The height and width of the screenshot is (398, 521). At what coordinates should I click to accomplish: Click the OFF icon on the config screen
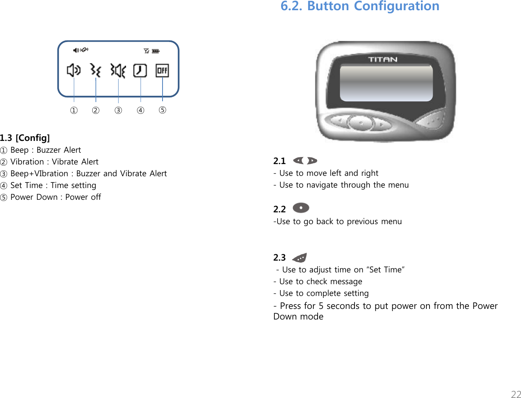(162, 71)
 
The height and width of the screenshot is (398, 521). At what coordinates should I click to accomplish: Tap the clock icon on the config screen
(140, 71)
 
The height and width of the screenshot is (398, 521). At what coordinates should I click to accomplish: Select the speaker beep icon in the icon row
(73, 71)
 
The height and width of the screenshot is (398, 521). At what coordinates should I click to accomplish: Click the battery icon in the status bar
(155, 51)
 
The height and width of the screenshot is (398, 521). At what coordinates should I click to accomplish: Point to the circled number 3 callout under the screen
(118, 110)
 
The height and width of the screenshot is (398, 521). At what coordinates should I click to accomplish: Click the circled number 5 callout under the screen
(163, 110)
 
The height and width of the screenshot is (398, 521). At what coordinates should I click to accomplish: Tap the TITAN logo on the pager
(383, 60)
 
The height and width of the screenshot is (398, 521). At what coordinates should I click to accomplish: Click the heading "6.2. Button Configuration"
(360, 6)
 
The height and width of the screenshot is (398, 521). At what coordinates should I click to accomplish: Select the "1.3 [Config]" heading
(25, 138)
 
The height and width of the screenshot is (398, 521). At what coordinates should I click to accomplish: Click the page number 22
(516, 394)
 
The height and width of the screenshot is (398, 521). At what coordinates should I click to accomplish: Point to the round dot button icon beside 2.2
(301, 208)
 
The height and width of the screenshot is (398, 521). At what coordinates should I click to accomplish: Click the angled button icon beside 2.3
(300, 258)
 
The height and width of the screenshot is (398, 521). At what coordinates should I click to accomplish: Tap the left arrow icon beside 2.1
(299, 161)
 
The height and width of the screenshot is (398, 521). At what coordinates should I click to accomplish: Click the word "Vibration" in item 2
(27, 162)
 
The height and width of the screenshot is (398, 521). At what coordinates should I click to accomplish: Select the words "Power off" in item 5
(83, 197)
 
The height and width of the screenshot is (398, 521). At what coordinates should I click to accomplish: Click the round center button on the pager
(360, 124)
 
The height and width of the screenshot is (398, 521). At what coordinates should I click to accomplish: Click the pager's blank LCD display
(386, 83)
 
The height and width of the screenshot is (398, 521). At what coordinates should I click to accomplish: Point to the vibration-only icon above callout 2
(95, 71)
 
